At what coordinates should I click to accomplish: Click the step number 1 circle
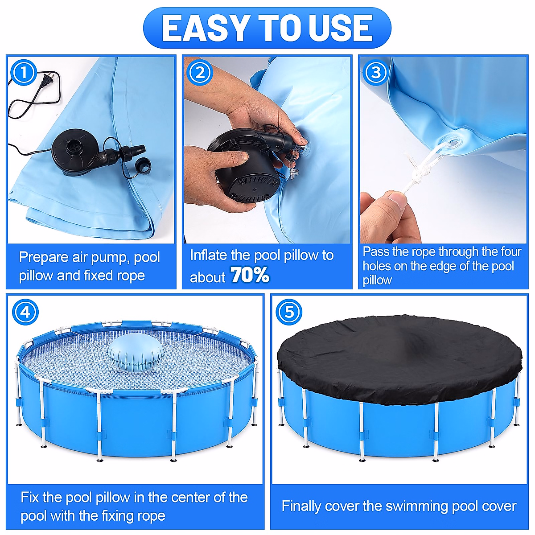pyautogui.click(x=24, y=73)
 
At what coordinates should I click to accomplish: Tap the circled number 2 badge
pyautogui.click(x=200, y=73)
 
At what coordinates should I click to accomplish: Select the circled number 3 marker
pyautogui.click(x=376, y=73)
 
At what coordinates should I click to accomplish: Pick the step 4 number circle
pyautogui.click(x=25, y=313)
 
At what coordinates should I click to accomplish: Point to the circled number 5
pyautogui.click(x=289, y=313)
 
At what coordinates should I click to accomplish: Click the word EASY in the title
pyautogui.click(x=205, y=28)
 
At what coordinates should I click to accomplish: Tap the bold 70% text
pyautogui.click(x=250, y=275)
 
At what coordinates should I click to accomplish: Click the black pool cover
pyautogui.click(x=400, y=359)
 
